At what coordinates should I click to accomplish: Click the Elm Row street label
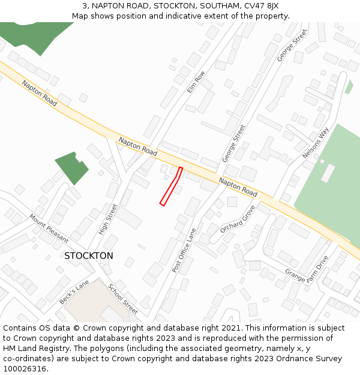196,82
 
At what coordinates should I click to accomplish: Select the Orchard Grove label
238,219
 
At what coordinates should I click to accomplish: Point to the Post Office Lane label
184,250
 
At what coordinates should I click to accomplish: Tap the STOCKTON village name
88,256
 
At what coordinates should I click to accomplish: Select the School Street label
123,298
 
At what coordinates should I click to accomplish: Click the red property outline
171,187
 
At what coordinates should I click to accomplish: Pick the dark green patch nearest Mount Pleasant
71,167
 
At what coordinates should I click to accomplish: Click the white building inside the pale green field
328,173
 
